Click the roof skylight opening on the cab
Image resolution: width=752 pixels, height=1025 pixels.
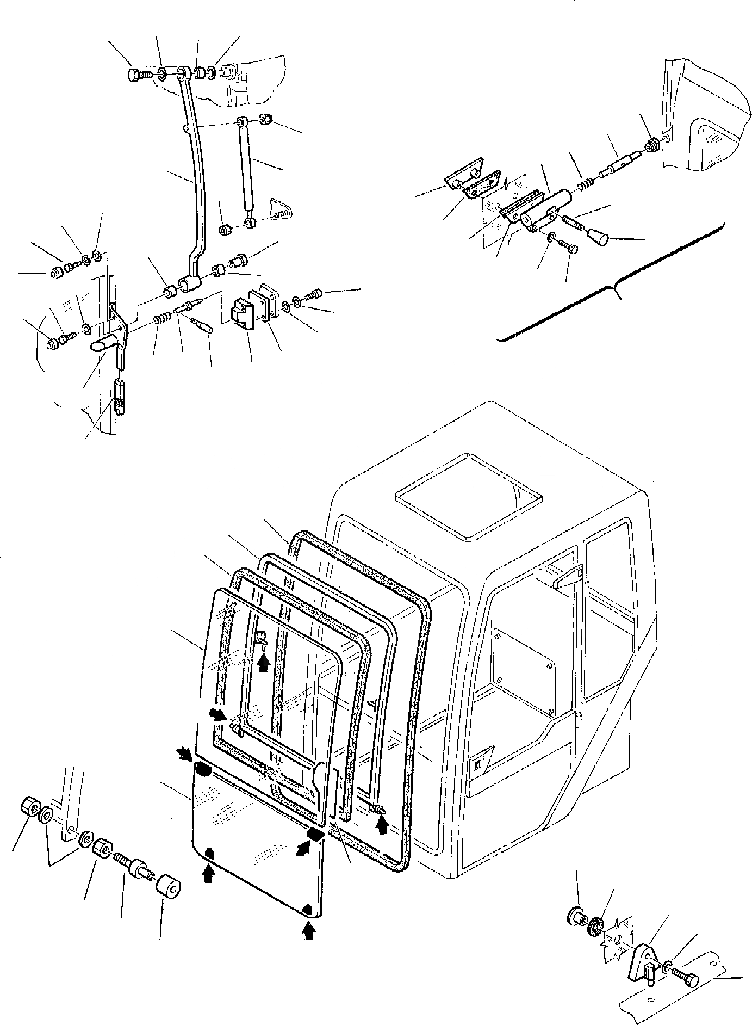point(468,496)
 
